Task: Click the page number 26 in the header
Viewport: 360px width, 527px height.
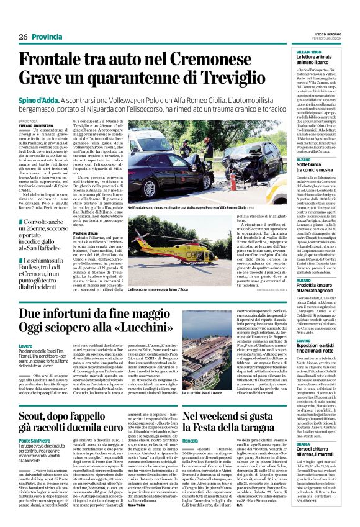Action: tap(23, 37)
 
